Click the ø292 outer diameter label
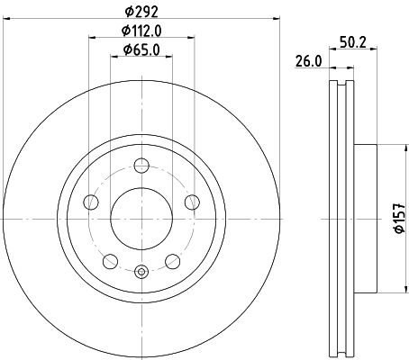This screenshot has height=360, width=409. [141, 12]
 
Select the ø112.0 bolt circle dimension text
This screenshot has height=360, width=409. [141, 31]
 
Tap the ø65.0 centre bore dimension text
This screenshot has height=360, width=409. [141, 49]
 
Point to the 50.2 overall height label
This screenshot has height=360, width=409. [353, 42]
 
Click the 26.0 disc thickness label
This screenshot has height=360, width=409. [309, 61]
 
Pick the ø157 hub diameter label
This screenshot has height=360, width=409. [400, 218]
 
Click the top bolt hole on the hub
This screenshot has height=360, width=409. [141, 165]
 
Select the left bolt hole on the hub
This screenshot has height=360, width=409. [91, 202]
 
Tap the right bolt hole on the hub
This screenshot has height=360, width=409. [192, 202]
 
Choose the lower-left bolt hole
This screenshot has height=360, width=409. [110, 261]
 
